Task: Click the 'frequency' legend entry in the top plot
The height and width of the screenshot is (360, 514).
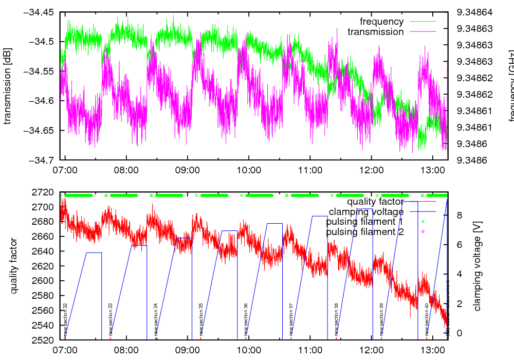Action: tap(381, 22)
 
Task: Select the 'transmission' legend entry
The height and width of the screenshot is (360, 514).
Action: tap(375, 32)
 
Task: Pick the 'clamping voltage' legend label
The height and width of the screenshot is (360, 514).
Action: tap(366, 211)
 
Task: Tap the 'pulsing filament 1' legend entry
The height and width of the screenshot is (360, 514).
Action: tap(364, 222)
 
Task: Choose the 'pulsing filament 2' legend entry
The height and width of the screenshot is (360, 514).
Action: tap(364, 232)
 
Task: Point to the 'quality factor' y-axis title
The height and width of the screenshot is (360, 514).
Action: tap(14, 266)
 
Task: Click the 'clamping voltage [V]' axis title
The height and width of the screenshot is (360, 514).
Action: tap(477, 266)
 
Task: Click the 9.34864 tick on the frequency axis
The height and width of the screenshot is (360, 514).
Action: tap(475, 12)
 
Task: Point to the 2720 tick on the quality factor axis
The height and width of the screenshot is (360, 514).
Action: tap(43, 192)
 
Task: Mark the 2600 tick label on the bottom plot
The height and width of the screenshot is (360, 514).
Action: tap(43, 281)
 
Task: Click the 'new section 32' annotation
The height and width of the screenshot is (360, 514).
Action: tap(65, 319)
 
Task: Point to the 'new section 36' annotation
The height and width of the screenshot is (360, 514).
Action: tap(246, 319)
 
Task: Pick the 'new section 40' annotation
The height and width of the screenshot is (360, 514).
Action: tap(427, 319)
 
